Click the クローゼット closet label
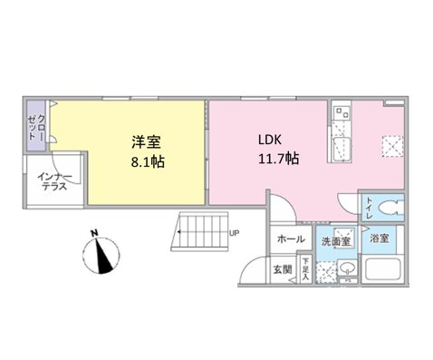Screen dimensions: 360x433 [36, 124]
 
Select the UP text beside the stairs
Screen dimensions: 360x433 [235, 232]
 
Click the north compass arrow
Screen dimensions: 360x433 [101, 253]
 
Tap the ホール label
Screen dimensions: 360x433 [290, 239]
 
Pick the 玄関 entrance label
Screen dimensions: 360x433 [282, 269]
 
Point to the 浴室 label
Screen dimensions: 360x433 [379, 238]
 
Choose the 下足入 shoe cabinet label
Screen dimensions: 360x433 [304, 270]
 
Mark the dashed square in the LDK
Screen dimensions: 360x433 [392, 143]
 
